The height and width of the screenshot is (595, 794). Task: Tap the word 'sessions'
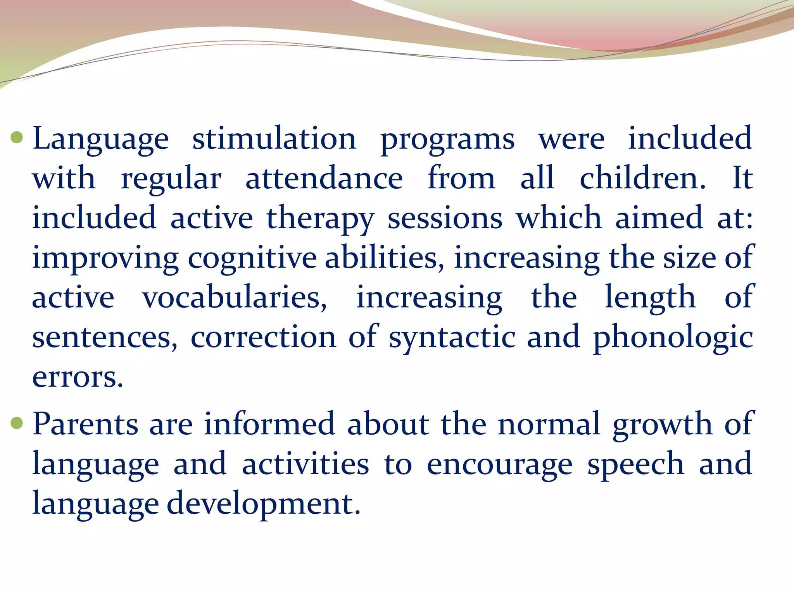[x=445, y=218]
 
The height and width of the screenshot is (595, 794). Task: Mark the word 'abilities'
[x=381, y=258]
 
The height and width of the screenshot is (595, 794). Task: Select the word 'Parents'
[x=85, y=423]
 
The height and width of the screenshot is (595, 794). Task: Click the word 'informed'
[x=269, y=423]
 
